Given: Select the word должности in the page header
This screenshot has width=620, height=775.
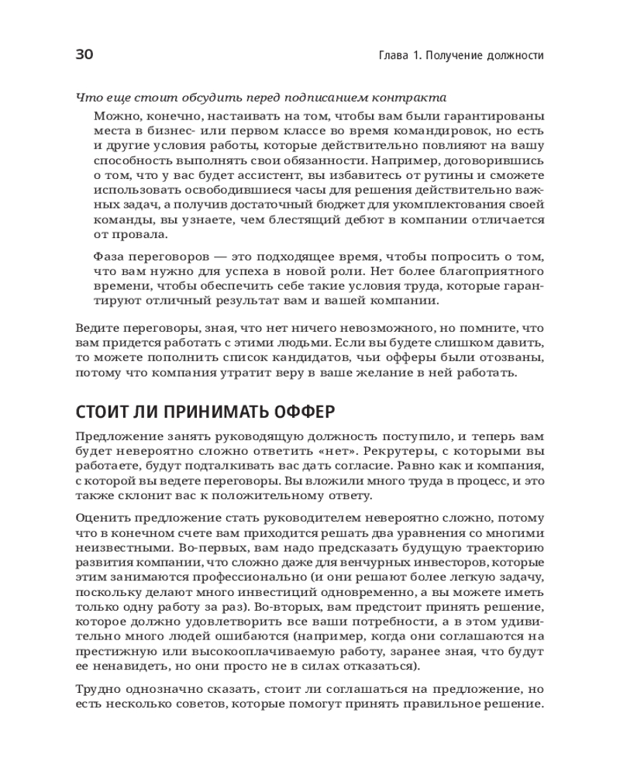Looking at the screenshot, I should coord(511,56).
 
